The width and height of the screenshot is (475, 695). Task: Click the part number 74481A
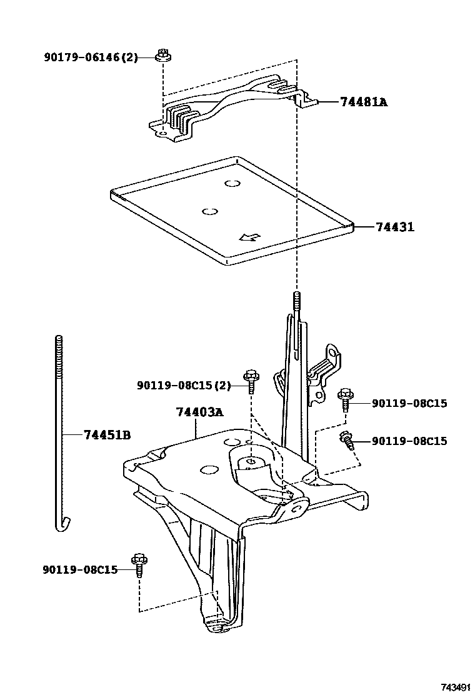364,101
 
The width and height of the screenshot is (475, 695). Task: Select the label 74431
395,227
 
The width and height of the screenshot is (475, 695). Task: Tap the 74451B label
107,435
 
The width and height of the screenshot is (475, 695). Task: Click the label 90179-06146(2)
90,57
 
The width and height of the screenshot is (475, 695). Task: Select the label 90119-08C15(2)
183,386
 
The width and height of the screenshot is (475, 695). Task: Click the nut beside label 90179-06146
162,55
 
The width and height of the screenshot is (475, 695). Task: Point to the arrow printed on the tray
249,237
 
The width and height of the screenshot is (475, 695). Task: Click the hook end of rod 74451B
61,524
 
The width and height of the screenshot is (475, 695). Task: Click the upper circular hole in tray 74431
232,183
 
